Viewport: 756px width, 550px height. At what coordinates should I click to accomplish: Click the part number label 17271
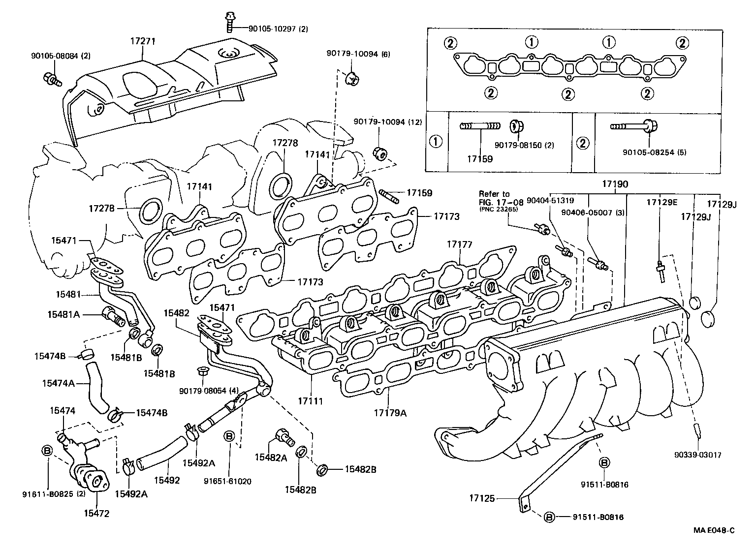tap(142, 42)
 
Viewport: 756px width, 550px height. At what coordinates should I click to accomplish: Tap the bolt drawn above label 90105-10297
tap(229, 22)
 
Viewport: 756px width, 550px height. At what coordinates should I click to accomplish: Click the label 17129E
tap(661, 202)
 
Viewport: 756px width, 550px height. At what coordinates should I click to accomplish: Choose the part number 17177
tap(459, 244)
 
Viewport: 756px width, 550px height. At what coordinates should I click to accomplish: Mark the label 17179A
tap(390, 413)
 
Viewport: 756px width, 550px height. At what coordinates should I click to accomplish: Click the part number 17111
tap(310, 401)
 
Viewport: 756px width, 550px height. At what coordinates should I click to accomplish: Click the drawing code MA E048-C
tap(714, 530)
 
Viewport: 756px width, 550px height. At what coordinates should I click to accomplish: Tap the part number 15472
tap(96, 514)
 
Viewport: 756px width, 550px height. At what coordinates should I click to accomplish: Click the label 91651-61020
tap(227, 481)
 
